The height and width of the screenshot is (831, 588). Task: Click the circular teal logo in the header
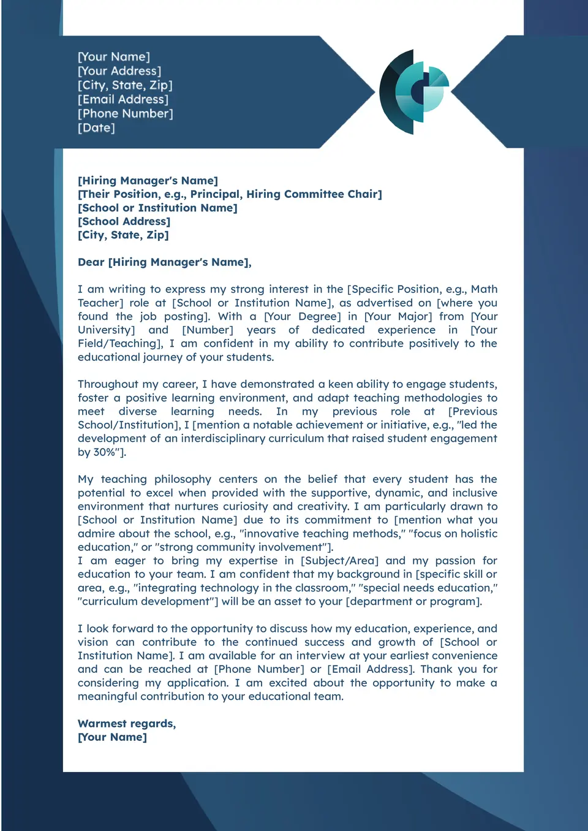(413, 92)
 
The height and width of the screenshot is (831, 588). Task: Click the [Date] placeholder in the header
(96, 127)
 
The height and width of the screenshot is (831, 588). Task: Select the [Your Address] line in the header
(119, 71)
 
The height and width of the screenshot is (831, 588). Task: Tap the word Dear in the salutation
(91, 262)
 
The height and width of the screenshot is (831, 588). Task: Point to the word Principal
(216, 194)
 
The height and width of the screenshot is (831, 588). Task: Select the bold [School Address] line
(124, 221)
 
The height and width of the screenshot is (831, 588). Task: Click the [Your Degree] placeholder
(303, 316)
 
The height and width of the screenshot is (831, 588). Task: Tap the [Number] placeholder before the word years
(208, 330)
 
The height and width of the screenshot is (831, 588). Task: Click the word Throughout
(108, 384)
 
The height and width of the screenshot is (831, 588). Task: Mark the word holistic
(472, 533)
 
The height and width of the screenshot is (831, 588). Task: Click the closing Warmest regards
(127, 724)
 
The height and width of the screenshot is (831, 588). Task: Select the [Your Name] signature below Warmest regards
(113, 737)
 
